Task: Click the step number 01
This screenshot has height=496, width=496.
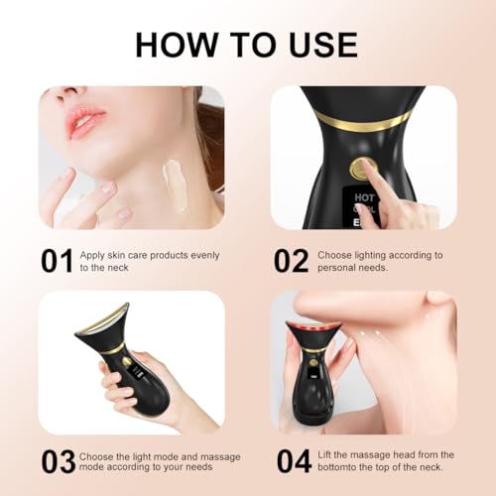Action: (57, 260)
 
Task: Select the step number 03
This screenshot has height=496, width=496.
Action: (58, 461)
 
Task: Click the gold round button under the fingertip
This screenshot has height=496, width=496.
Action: (360, 168)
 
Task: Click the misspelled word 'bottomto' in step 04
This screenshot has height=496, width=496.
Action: (343, 467)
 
